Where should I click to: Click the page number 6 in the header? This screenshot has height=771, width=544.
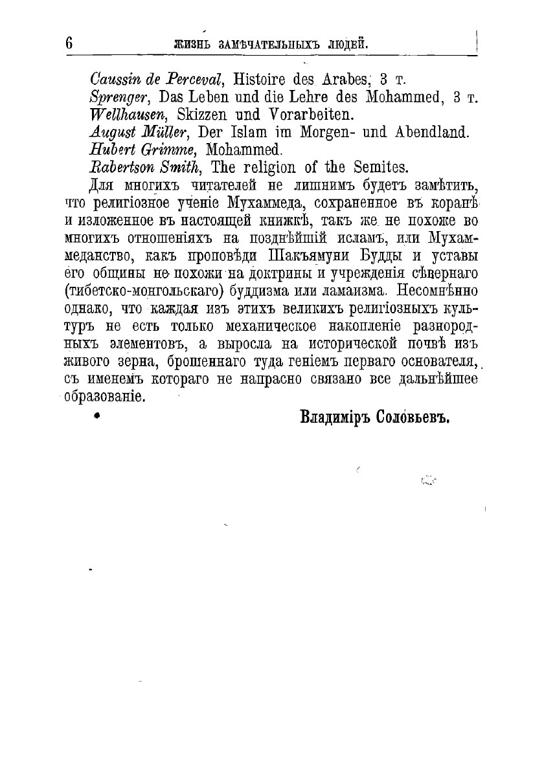pos(69,44)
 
